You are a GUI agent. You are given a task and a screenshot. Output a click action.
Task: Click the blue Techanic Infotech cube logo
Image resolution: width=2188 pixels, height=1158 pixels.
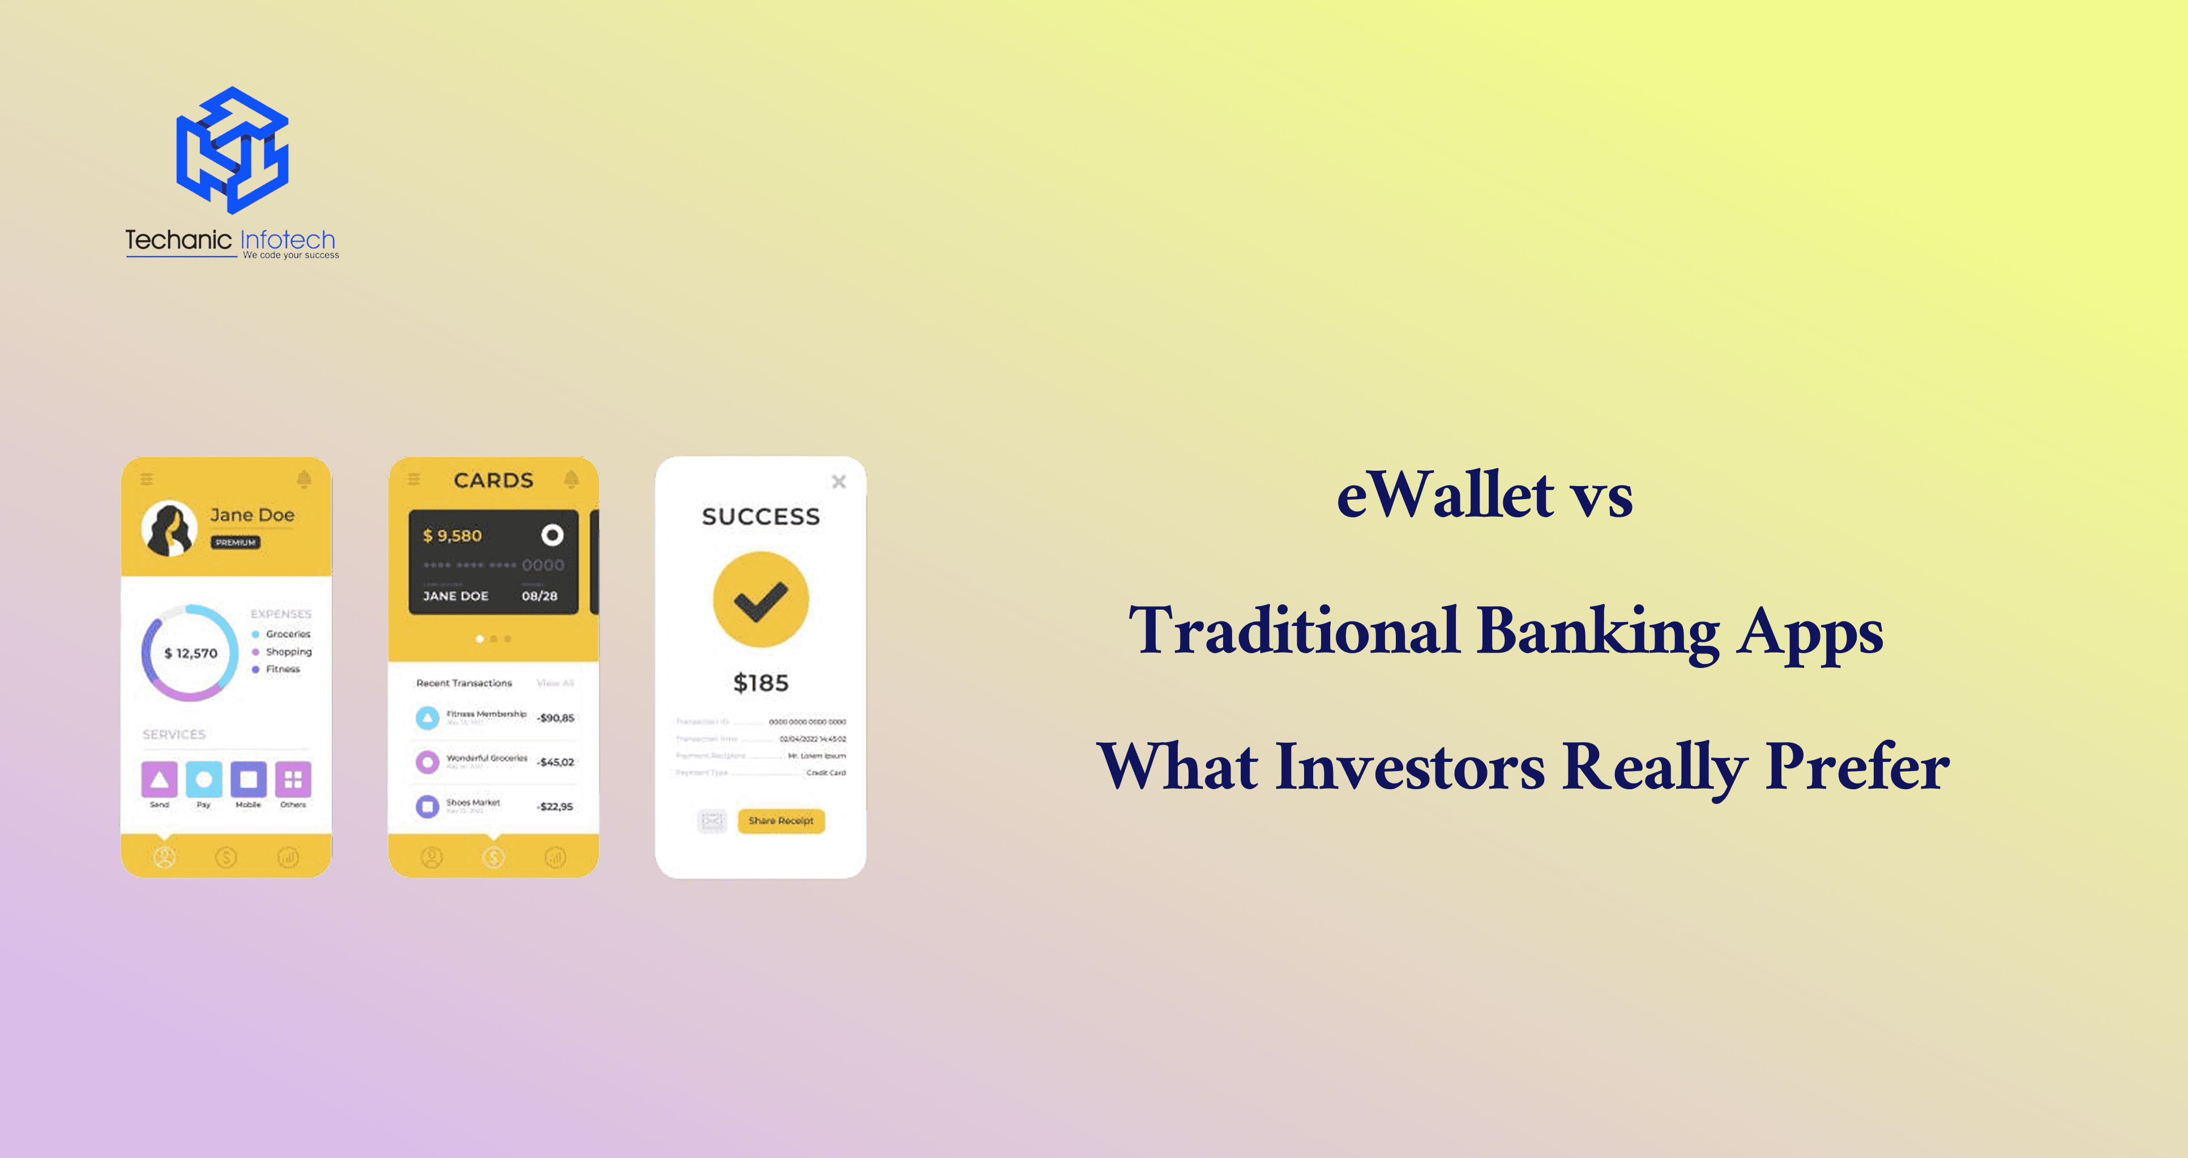point(232,150)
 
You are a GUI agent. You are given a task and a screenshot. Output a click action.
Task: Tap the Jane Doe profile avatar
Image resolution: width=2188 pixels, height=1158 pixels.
point(169,527)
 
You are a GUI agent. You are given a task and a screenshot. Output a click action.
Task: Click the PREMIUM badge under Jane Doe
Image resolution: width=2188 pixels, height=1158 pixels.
point(236,542)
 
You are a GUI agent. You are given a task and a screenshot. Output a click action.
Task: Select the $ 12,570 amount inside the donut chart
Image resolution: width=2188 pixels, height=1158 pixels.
point(191,653)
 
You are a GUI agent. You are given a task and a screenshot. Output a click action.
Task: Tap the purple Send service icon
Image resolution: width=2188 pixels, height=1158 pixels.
point(159,779)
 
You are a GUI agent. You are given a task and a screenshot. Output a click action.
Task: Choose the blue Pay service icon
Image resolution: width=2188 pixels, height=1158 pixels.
point(204,779)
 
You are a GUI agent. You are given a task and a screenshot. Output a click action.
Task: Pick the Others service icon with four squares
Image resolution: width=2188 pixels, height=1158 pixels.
point(293,779)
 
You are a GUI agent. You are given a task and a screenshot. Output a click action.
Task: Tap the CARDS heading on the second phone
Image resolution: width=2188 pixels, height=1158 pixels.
point(494,480)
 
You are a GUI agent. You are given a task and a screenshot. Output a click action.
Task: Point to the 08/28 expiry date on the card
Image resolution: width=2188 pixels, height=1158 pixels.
point(539,595)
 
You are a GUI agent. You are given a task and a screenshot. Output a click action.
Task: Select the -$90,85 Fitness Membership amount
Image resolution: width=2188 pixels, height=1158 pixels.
point(556,718)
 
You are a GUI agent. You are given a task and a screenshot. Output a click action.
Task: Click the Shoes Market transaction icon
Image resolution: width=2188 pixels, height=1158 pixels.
point(427,806)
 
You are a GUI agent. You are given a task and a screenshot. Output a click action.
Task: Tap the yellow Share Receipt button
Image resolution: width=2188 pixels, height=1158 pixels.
point(780,821)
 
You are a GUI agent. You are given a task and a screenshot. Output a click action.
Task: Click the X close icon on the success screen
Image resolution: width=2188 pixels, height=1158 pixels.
point(838,482)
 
